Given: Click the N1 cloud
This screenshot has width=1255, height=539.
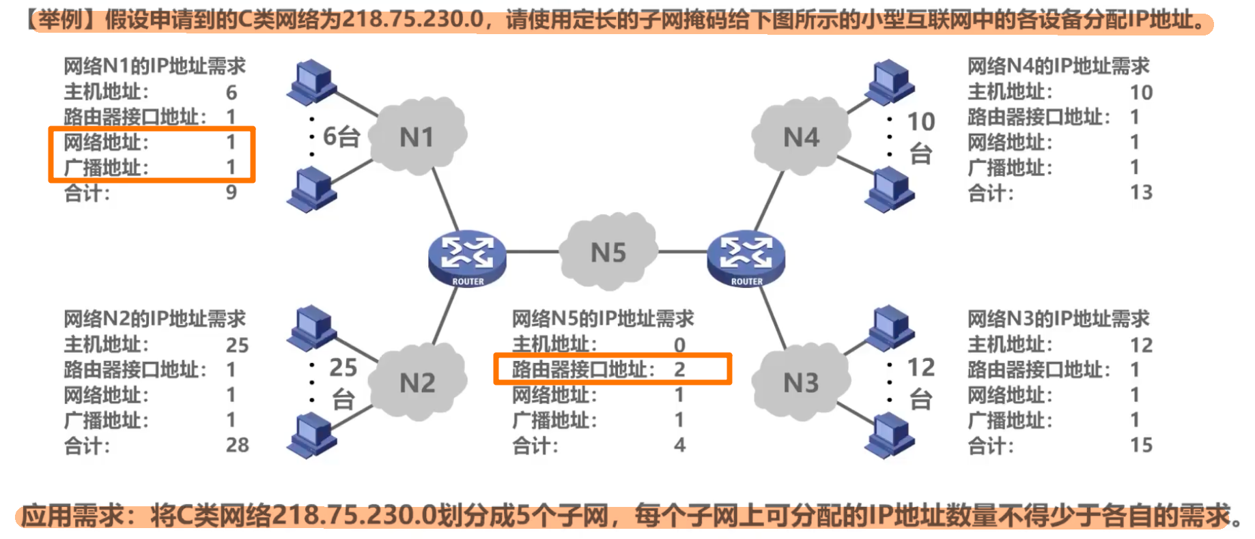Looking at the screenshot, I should coord(417,136).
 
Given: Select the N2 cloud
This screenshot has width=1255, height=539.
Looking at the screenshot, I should coord(417,382).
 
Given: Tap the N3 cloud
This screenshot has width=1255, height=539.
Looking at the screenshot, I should coord(801,382).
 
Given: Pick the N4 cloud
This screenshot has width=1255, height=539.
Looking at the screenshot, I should coord(801,136).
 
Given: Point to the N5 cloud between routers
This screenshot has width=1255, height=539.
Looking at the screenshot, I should coord(608,252).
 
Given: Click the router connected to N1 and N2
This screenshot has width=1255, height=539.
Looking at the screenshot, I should coord(468,258).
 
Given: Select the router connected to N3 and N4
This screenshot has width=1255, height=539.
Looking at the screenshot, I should coord(746,258).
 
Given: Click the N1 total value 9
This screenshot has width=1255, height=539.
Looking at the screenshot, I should coord(231,192).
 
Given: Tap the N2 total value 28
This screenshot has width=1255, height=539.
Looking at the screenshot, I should coord(237,445).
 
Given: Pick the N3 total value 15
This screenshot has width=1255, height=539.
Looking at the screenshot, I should coord(1141,445).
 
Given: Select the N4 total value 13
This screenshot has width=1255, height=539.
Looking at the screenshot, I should coord(1141,192).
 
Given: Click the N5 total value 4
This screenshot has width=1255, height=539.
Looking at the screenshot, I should coord(679,445).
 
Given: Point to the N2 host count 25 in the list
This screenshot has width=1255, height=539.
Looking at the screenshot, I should coord(237,345).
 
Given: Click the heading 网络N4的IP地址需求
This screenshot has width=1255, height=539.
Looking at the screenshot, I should coord(1058,66).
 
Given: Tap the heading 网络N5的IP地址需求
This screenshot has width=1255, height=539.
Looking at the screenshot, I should coord(603,319).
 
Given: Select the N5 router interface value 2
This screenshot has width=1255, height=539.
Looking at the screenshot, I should coord(679,370).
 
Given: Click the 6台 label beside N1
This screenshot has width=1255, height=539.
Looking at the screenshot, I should coord(341,136).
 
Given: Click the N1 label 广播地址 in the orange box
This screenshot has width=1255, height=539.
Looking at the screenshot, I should coord(106,168).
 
